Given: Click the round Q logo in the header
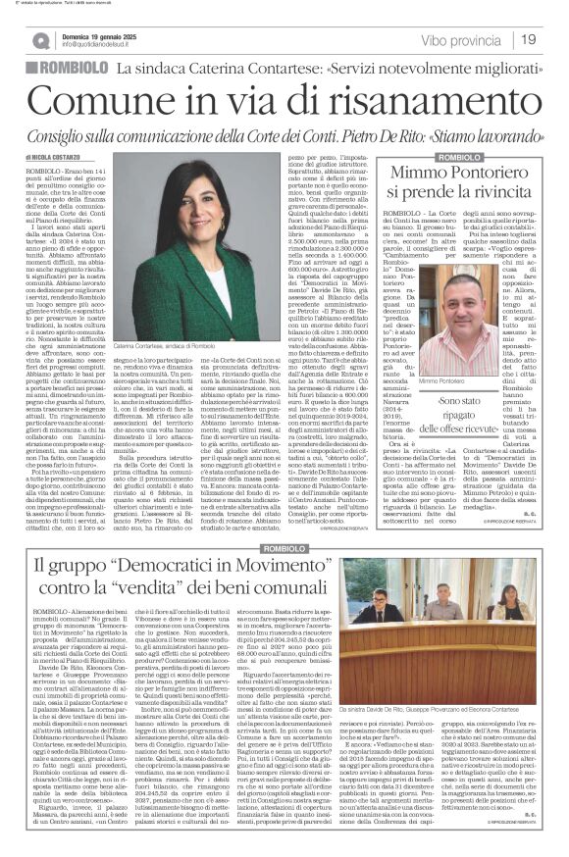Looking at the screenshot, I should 39,40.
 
